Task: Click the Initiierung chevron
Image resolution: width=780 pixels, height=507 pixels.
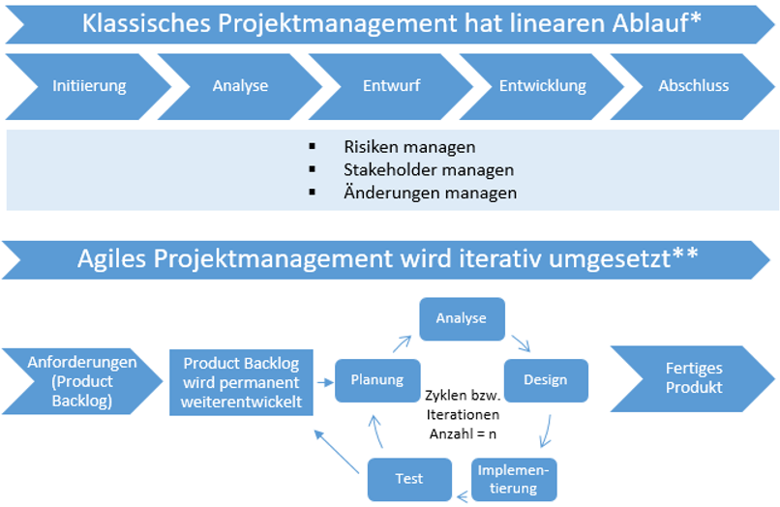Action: [x=89, y=86]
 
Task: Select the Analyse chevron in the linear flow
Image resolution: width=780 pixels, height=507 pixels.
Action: [x=240, y=86]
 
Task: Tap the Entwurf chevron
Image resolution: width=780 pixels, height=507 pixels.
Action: [x=391, y=86]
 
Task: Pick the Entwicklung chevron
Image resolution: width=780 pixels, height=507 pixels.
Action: [x=542, y=86]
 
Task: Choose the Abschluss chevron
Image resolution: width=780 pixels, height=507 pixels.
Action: [x=693, y=86]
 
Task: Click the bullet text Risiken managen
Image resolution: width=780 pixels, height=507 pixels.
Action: [x=409, y=147]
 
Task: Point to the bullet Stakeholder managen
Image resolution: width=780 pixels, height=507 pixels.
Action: [x=429, y=169]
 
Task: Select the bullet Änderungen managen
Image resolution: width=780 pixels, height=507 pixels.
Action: [x=430, y=193]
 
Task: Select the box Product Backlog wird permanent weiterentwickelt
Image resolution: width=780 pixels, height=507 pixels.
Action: [x=241, y=382]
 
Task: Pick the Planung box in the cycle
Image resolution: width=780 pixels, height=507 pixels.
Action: [x=376, y=380]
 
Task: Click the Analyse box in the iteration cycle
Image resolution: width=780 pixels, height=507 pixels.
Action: [x=461, y=318]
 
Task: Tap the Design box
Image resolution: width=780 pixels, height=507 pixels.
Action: [x=545, y=379]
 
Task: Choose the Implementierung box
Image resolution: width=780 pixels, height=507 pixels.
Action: [x=514, y=479]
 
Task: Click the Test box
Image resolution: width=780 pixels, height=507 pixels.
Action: [x=409, y=479]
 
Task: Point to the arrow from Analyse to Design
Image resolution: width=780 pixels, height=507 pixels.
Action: [x=521, y=343]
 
